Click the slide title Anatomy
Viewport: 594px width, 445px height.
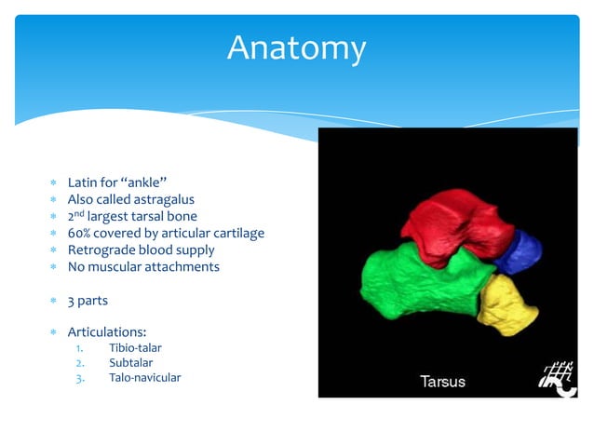(297, 47)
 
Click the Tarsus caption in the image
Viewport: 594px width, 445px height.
(441, 382)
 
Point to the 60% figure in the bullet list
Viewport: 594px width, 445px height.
(80, 233)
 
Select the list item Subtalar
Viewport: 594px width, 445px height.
(131, 362)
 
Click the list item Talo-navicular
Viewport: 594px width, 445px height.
(145, 377)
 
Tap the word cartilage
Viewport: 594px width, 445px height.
(236, 233)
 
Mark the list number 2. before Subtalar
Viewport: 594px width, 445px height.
(80, 362)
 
